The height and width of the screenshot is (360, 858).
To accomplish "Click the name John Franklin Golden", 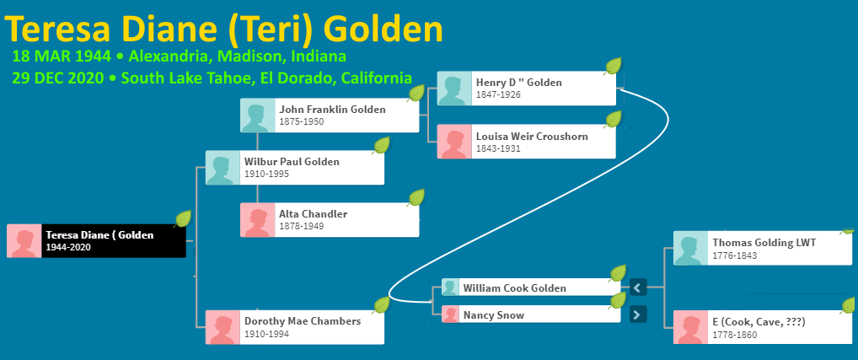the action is click(x=332, y=110).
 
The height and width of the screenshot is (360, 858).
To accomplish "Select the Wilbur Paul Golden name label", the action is click(x=292, y=162).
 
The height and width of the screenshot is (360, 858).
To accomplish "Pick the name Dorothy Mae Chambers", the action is click(x=303, y=321).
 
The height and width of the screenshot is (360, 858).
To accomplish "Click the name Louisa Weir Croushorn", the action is click(x=532, y=137).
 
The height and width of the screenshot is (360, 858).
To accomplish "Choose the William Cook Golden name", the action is click(x=514, y=287).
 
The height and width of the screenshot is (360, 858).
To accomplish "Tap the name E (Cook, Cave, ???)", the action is click(x=759, y=322).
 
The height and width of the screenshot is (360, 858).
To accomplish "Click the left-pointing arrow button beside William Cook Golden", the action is click(x=638, y=287).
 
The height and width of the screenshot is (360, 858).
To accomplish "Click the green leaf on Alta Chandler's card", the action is click(x=416, y=197).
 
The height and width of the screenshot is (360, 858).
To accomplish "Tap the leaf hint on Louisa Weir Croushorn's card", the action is click(x=614, y=119).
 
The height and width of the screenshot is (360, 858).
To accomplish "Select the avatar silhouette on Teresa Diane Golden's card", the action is click(x=24, y=241).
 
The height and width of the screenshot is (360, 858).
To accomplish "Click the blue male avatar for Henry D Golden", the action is click(x=454, y=88).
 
